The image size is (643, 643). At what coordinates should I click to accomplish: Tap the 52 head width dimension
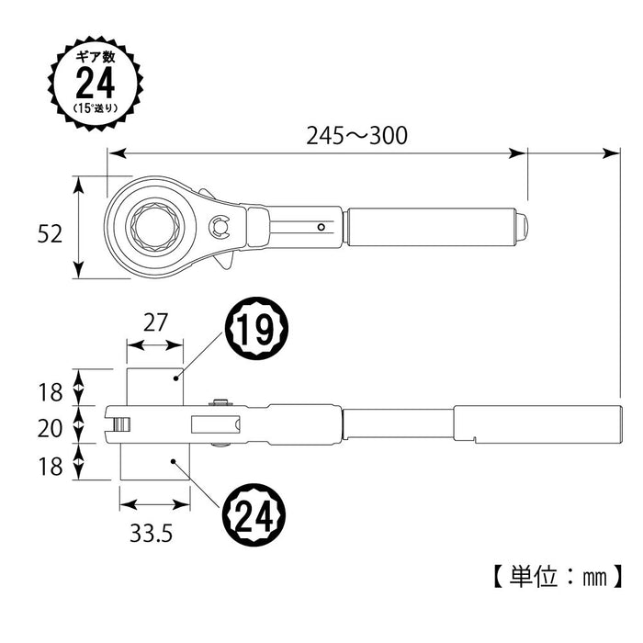tap(51, 234)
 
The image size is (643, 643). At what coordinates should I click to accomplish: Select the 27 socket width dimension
tap(154, 321)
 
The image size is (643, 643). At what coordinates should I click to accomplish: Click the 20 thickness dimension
tap(51, 428)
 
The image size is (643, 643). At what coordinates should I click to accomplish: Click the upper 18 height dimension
tap(51, 392)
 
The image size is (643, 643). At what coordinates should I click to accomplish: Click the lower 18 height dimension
tap(51, 466)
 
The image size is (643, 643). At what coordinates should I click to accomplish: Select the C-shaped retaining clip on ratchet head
tap(219, 228)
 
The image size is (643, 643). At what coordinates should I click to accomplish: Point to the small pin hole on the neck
tap(321, 227)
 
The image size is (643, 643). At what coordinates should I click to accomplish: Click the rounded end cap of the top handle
tap(524, 226)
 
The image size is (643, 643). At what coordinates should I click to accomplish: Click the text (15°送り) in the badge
tap(95, 108)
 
